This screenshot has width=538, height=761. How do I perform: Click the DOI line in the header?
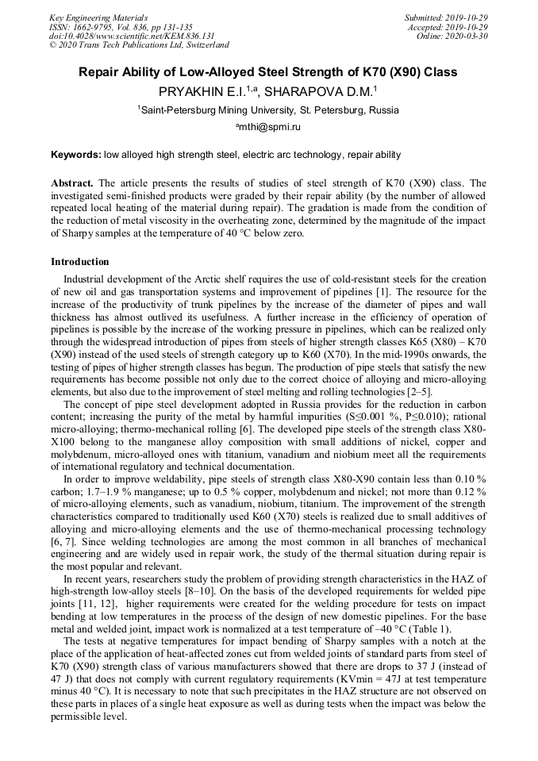click(132, 37)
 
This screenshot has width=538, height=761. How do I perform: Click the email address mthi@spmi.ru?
click(270, 127)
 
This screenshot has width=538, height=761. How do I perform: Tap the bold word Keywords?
click(75, 155)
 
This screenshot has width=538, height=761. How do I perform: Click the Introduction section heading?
click(80, 261)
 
